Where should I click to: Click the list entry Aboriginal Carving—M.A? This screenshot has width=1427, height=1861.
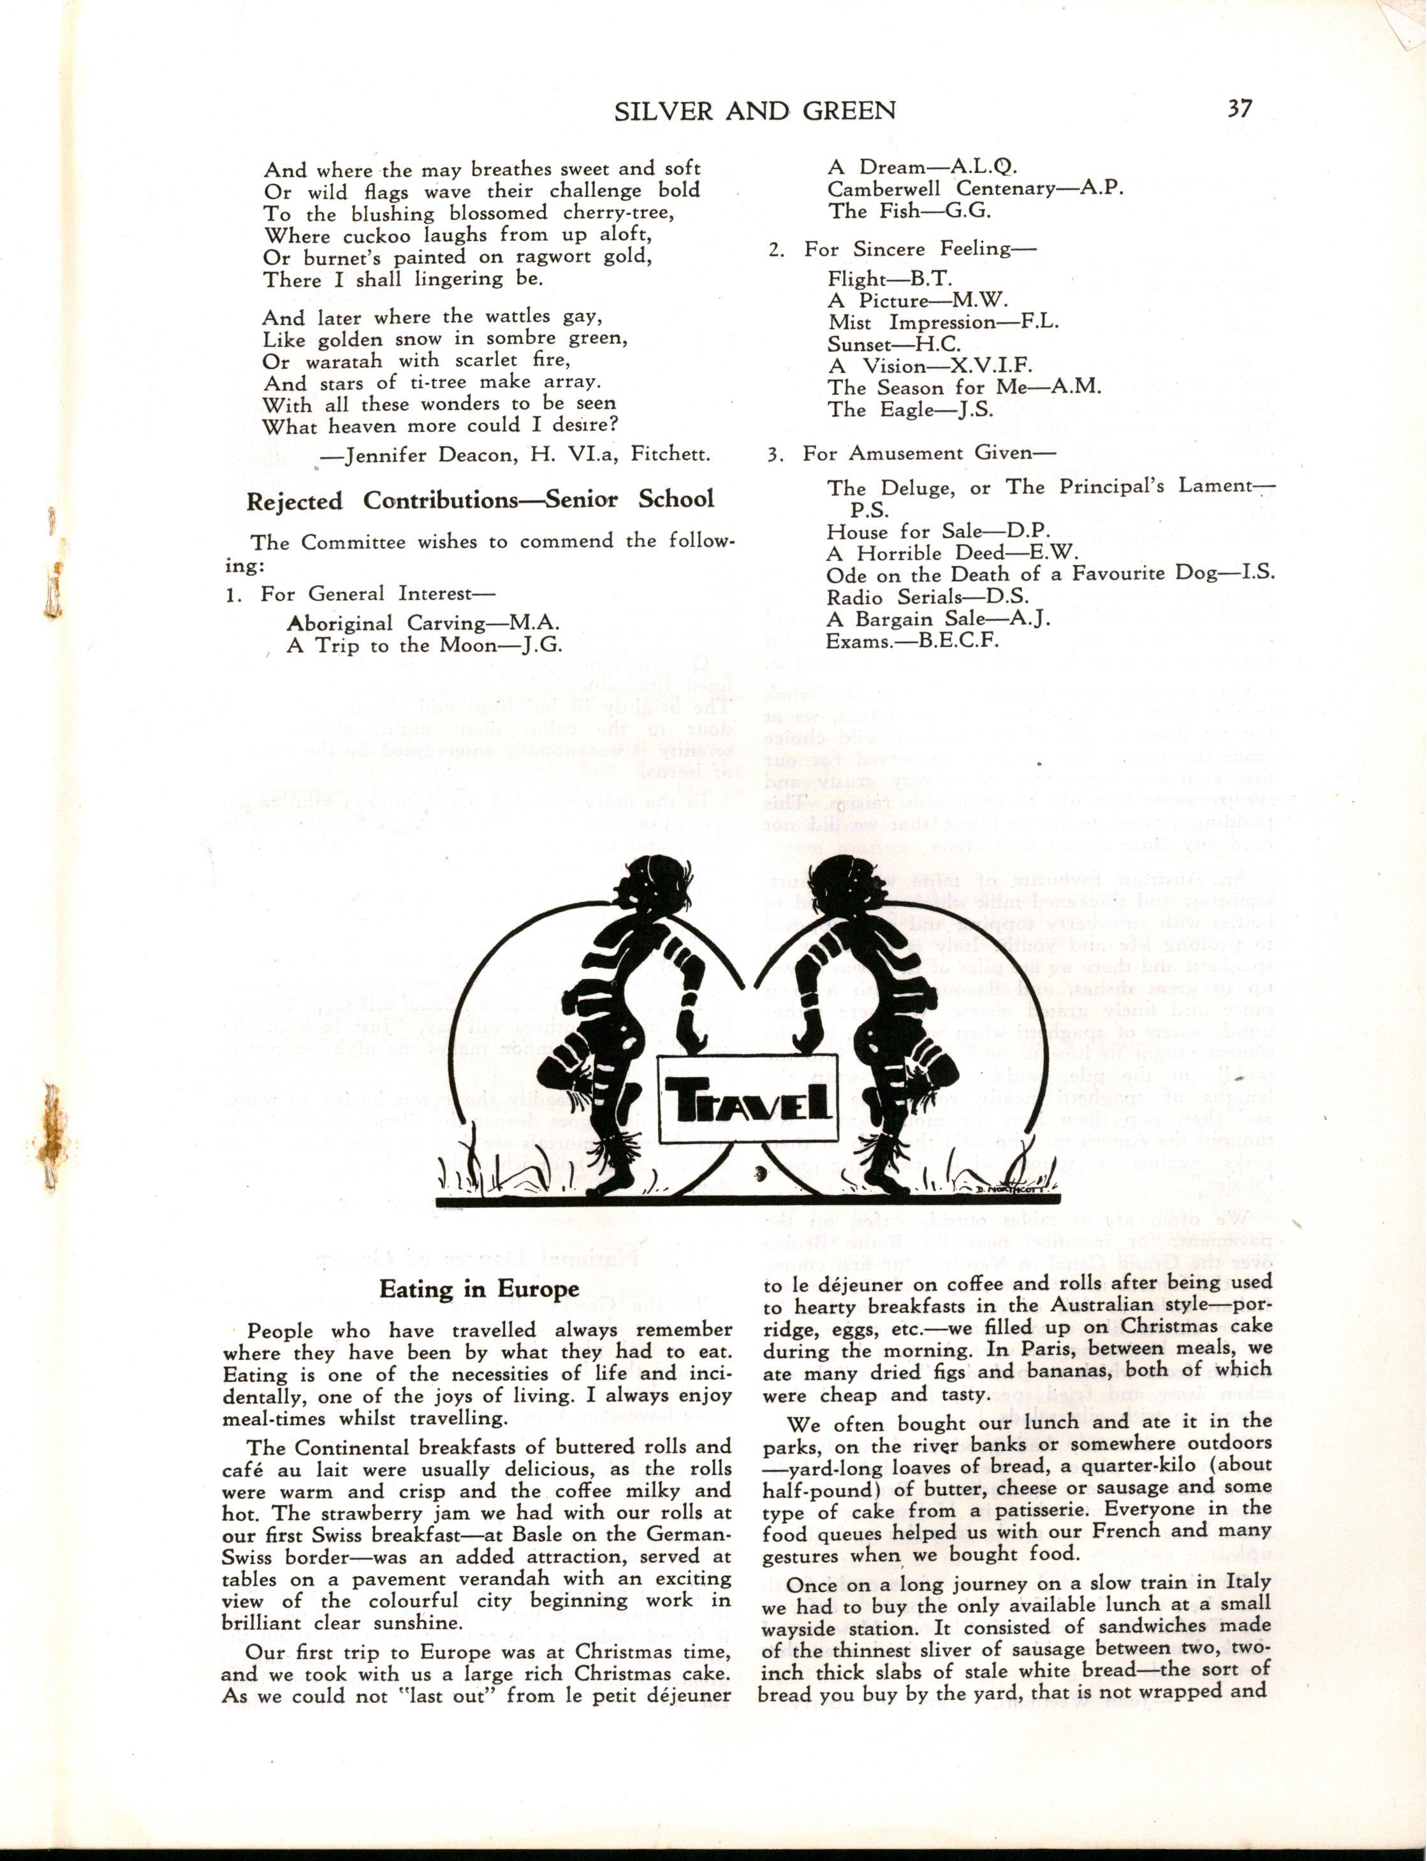tap(423, 623)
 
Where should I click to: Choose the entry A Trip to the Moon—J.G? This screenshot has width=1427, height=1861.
tap(425, 645)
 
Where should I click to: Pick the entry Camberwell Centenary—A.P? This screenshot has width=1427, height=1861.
tap(975, 189)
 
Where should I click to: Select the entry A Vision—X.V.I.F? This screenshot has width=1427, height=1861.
tap(930, 366)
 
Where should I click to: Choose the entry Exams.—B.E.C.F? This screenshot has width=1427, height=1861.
tap(912, 640)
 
